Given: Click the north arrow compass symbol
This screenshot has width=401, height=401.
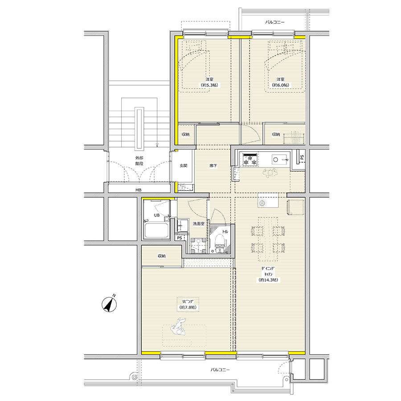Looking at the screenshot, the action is coord(110,304).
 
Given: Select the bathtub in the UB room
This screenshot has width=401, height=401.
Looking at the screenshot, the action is coord(156,230).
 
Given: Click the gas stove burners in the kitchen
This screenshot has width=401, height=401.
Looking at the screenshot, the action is coord(250,160).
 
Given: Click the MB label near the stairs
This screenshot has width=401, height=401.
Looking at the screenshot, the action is coord(139,190).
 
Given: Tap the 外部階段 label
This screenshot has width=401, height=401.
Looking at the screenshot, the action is coord(139,161).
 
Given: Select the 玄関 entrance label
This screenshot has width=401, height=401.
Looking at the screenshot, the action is coord(184,165).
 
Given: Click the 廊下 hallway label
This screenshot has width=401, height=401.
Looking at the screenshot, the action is coord(213,165).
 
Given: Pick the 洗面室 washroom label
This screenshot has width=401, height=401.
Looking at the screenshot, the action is coord(198,224).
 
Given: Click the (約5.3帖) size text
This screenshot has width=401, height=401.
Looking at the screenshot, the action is coord(209,85).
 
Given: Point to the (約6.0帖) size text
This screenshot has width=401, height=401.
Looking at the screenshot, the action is coord(281,85).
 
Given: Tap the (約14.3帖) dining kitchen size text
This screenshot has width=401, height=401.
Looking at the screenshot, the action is coord(268,280).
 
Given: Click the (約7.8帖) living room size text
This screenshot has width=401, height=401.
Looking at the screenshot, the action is coord(188,307).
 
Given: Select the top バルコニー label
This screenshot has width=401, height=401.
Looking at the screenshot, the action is coord(274,22).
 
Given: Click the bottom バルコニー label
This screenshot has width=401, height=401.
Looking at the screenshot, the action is coord(220,369).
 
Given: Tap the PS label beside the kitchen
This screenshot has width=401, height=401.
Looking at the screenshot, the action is coord(302,157).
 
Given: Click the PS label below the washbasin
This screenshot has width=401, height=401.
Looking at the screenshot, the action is coord(180,238).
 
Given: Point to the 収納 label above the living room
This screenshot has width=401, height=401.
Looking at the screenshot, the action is coord(162,256).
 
